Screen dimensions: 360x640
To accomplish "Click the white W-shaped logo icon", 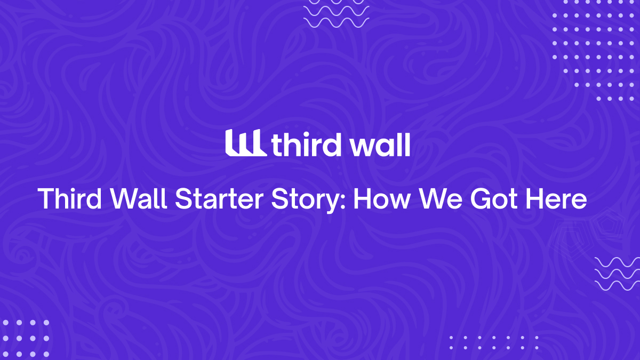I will tap(245, 142).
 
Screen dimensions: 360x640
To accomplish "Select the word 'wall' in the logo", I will tap(380, 144).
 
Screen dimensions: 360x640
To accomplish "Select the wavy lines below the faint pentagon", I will tap(617, 274).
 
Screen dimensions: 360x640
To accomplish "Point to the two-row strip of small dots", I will tap(493, 342).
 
